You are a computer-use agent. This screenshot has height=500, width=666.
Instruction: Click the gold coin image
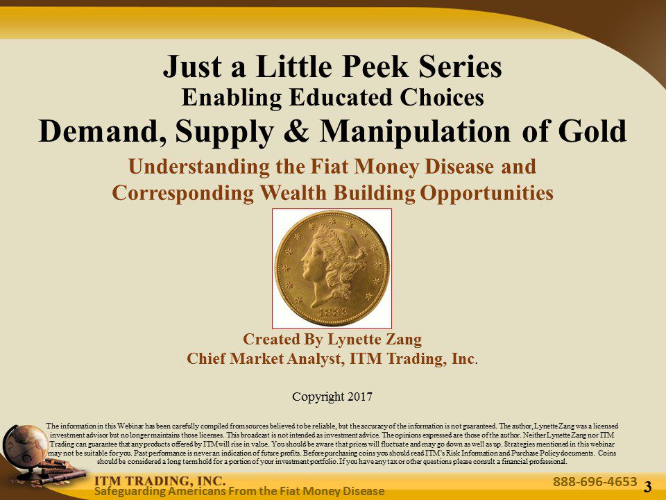pos(332,268)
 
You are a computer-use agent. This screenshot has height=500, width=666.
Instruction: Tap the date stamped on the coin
pos(332,312)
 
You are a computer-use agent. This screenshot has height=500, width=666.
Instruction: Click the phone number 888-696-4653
pos(595,481)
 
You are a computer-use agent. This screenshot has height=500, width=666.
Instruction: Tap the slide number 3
pos(648,487)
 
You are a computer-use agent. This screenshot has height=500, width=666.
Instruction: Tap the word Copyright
pos(317,397)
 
